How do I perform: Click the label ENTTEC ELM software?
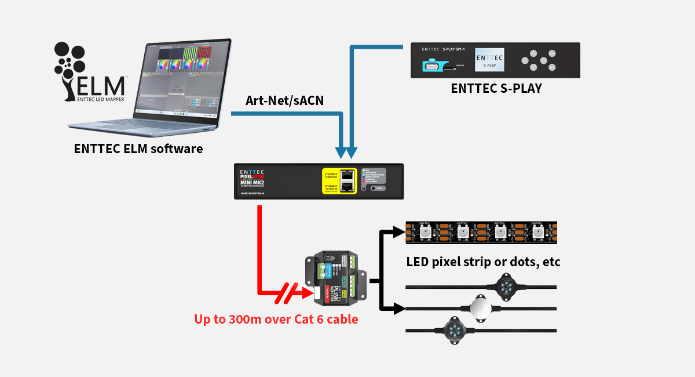coord(138,148)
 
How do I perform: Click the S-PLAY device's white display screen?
coord(489,60)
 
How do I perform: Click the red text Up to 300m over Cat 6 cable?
coord(276,318)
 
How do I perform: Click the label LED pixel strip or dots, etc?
coord(483,262)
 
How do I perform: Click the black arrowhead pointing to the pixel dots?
coord(398,309)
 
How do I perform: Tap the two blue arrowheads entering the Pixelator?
coord(346,152)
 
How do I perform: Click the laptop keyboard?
coord(145,124)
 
